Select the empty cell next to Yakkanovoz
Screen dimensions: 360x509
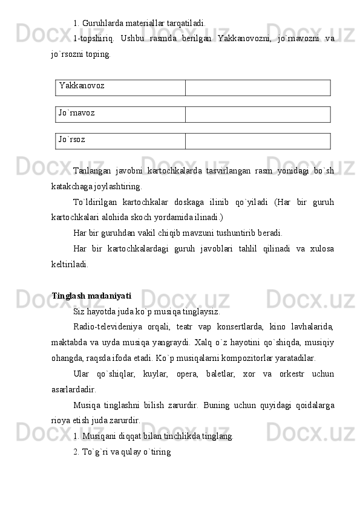[258, 87]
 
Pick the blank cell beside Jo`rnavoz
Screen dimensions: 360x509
[258, 114]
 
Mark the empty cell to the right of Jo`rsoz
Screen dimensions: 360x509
[258, 140]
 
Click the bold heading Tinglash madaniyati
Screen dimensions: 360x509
[91, 296]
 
